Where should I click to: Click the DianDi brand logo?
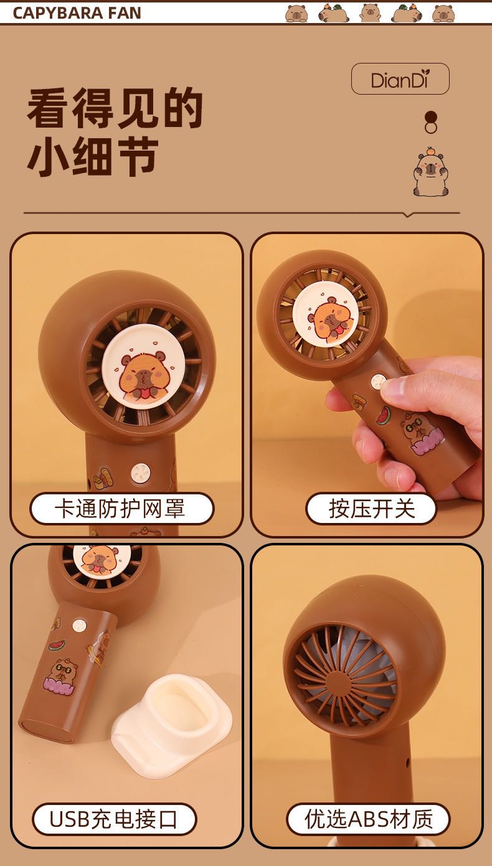click(x=400, y=79)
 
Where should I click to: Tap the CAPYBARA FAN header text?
click(x=77, y=13)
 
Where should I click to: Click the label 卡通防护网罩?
click(x=121, y=509)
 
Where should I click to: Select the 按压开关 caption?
click(x=371, y=509)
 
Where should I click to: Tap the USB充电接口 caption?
click(x=114, y=819)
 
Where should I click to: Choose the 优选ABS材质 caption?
click(x=368, y=819)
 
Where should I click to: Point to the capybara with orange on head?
click(x=430, y=171)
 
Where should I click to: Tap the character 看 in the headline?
click(x=47, y=107)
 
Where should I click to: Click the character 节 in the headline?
click(x=138, y=156)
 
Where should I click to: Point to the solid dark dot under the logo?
click(x=430, y=117)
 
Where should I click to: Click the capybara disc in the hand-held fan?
click(x=326, y=316)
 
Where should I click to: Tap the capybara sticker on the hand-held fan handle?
click(x=416, y=434)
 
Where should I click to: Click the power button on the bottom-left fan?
click(x=79, y=625)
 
